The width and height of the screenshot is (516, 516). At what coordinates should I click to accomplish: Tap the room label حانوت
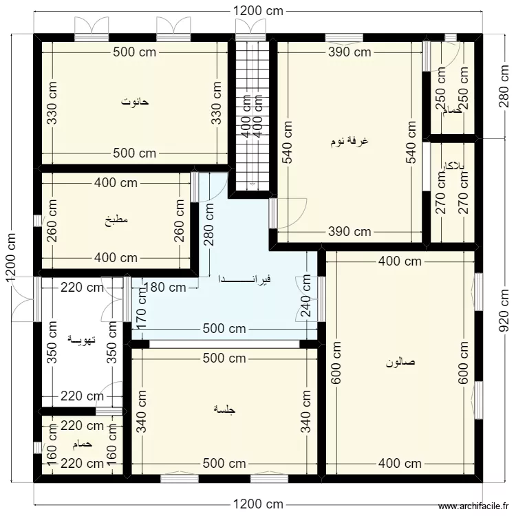[136, 102]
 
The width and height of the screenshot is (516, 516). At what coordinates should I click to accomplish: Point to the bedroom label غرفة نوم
[350, 141]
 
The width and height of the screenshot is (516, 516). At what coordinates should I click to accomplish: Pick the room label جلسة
[225, 410]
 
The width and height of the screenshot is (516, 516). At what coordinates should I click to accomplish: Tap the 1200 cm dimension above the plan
[259, 11]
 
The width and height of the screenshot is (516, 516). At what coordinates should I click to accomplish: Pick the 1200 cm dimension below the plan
[259, 504]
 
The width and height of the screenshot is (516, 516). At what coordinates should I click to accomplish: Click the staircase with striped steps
[252, 114]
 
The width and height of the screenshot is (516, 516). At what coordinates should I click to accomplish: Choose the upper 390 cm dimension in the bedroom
[349, 52]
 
